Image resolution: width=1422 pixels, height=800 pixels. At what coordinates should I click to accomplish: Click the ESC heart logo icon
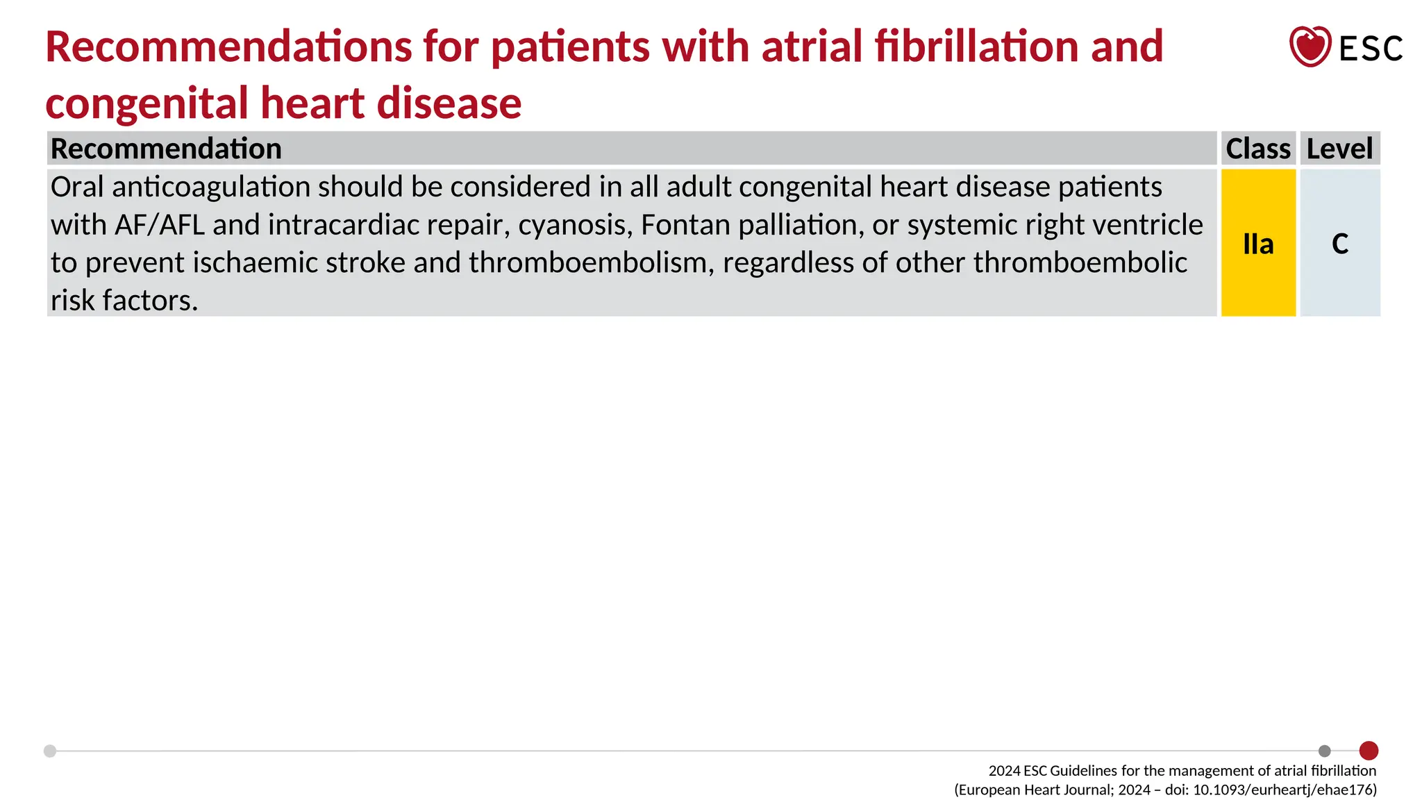(1310, 47)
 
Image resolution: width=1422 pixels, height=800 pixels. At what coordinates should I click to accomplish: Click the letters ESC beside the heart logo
(1370, 49)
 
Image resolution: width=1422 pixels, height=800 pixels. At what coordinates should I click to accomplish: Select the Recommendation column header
(166, 149)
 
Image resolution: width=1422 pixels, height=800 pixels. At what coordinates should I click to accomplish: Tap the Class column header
(1257, 149)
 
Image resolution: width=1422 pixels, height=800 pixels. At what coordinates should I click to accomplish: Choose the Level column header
(1339, 149)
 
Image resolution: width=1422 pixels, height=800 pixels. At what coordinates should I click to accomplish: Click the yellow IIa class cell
(1258, 244)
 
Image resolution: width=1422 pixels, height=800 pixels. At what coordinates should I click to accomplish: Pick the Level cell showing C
(1339, 244)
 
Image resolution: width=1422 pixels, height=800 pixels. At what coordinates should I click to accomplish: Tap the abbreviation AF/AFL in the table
(160, 225)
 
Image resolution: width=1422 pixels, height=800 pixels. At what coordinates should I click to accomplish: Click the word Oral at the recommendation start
(76, 187)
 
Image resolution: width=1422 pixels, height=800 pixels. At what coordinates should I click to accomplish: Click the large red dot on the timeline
(1369, 751)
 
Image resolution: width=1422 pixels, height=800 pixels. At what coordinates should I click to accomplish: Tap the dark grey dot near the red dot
(1325, 751)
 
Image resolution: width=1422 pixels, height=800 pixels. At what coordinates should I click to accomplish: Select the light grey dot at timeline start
(50, 751)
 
